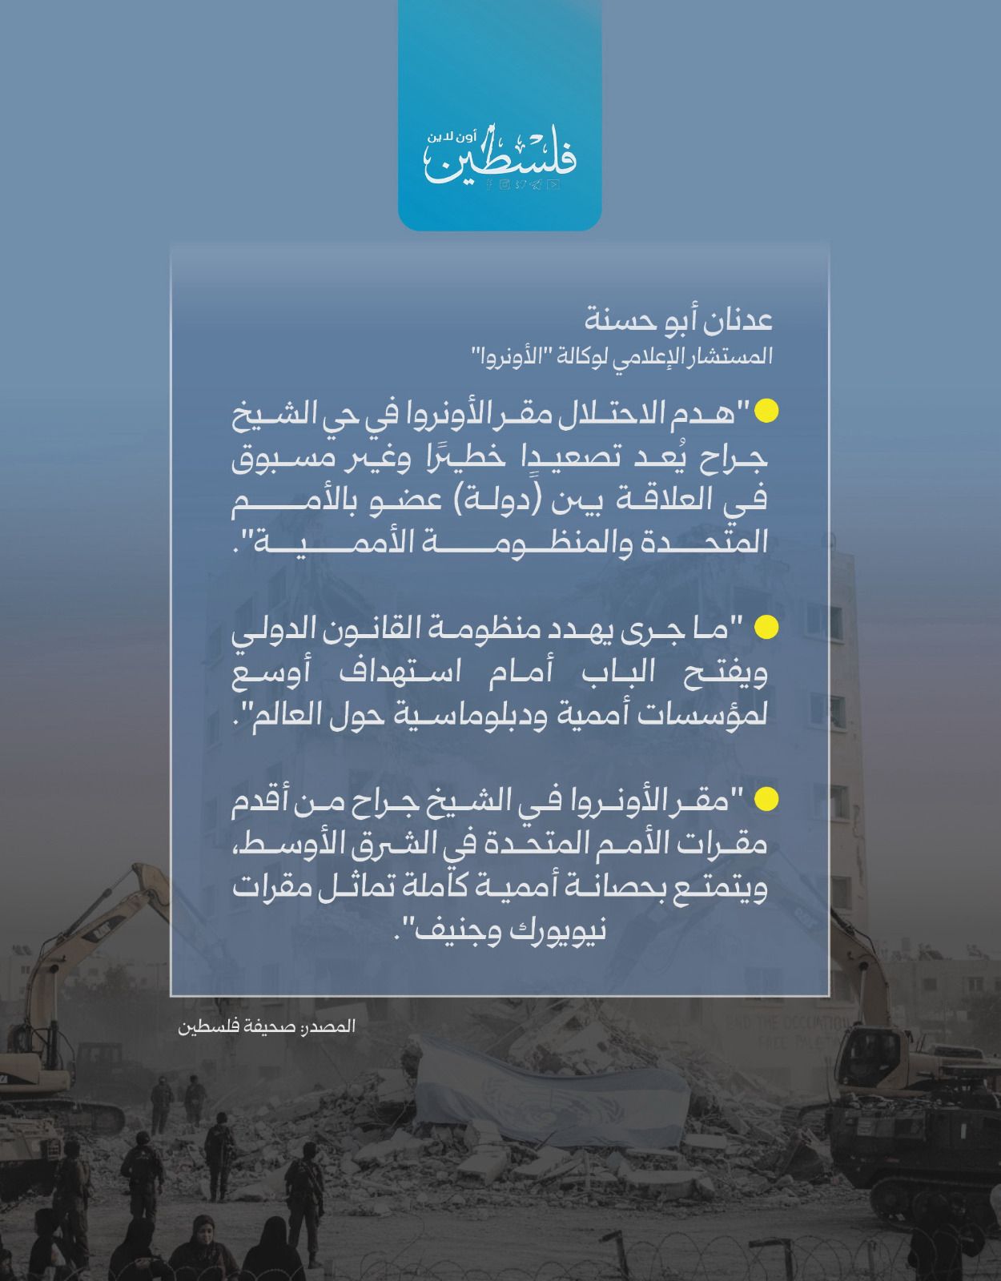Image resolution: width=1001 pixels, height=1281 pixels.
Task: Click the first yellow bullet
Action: (x=767, y=411)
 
